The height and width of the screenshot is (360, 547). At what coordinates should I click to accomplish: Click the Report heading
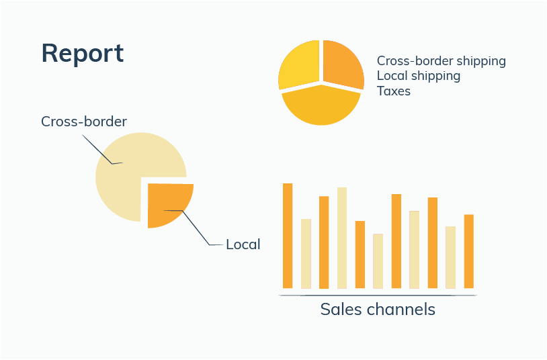click(83, 53)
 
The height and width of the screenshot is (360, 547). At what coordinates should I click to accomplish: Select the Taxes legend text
click(394, 91)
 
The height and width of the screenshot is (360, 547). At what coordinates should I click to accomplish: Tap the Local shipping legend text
click(419, 76)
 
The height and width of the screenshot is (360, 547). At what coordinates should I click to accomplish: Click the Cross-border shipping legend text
click(441, 61)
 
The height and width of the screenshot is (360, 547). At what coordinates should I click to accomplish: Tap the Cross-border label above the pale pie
click(84, 122)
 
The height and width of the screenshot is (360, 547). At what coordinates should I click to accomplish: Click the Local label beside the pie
click(243, 244)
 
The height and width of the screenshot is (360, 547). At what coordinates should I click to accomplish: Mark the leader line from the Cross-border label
click(99, 150)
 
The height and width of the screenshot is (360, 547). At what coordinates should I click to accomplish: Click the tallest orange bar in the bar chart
click(288, 236)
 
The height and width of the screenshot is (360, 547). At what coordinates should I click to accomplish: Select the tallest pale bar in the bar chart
click(342, 238)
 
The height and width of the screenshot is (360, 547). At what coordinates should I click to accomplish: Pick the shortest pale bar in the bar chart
click(378, 261)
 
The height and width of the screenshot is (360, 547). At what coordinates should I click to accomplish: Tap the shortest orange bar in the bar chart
click(360, 255)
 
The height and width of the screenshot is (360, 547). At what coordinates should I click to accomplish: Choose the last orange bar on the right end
click(469, 251)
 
